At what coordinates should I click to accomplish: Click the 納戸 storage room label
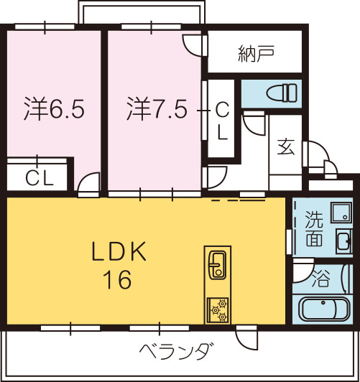click(257, 53)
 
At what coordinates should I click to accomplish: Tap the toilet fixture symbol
click(282, 93)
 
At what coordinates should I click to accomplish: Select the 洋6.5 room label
click(54, 108)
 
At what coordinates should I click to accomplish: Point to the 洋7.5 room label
click(157, 108)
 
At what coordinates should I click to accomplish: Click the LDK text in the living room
click(119, 251)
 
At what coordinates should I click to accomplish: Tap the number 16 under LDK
click(117, 280)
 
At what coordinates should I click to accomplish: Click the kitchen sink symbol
click(218, 265)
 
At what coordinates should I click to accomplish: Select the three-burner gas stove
click(218, 311)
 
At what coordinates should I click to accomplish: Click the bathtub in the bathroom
click(324, 309)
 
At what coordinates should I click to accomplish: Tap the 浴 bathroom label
click(321, 278)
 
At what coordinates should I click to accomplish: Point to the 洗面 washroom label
click(314, 228)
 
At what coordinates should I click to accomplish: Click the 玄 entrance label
click(286, 146)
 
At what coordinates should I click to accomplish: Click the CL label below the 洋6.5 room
click(40, 178)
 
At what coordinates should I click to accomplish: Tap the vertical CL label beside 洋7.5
click(222, 121)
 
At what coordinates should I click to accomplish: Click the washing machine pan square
click(341, 213)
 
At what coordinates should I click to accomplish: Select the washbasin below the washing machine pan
click(344, 241)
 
